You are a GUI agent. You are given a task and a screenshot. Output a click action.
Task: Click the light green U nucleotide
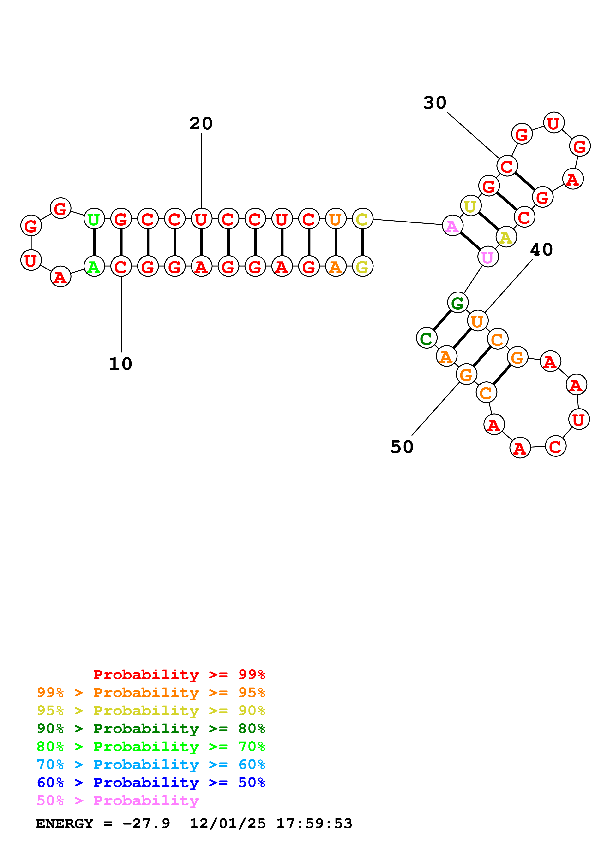click(94, 219)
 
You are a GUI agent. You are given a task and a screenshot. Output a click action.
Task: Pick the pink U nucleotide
click(487, 257)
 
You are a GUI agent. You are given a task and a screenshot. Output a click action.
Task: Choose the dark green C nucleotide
click(426, 338)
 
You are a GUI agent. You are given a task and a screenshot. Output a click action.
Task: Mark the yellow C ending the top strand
click(362, 219)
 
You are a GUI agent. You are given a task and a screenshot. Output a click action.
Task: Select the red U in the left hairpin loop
click(31, 260)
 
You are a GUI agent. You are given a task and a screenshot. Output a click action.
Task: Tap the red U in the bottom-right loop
click(578, 419)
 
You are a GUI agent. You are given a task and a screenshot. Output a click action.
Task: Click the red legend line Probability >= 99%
click(179, 675)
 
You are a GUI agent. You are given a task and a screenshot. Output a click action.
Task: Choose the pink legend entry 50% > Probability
click(118, 801)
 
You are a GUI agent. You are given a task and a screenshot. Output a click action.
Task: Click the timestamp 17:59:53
click(314, 824)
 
